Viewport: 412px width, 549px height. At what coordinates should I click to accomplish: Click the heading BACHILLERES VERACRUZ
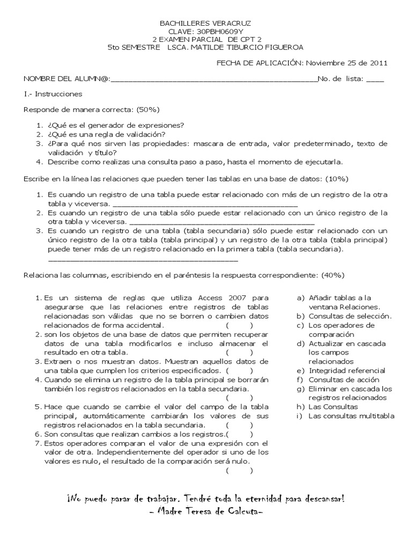[205, 24]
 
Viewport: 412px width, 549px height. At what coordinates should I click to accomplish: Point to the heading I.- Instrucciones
[53, 94]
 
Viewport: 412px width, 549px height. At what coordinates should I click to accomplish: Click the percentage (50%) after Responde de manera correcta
[149, 109]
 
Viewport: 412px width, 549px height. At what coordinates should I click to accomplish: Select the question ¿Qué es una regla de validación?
[106, 134]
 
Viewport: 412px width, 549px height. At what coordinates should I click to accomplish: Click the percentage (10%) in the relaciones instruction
[337, 178]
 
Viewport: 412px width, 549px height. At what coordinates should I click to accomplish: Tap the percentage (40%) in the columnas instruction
[332, 275]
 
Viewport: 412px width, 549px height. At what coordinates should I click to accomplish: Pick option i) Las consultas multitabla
[351, 416]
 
